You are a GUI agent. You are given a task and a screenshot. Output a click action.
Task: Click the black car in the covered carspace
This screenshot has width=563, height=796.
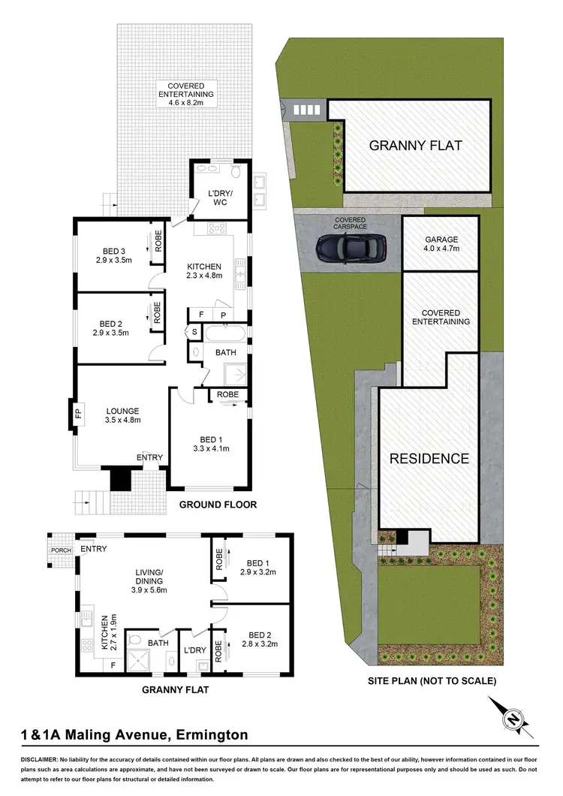point(351,246)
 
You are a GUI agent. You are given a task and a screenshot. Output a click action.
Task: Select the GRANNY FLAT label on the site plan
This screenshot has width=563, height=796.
point(415,146)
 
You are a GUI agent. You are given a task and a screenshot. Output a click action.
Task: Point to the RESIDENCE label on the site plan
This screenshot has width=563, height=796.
point(429,458)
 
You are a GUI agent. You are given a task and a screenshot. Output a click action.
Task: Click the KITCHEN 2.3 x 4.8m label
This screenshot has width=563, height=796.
point(204,271)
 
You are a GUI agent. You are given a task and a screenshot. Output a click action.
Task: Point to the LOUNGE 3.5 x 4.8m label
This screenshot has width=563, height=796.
point(123,415)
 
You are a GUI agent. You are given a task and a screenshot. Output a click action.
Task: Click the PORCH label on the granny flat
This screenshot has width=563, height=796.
point(60,550)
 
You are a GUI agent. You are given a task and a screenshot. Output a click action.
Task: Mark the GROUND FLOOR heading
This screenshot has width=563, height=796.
point(218,505)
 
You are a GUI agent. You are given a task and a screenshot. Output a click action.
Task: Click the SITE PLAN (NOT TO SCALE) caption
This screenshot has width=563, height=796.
point(432,681)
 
